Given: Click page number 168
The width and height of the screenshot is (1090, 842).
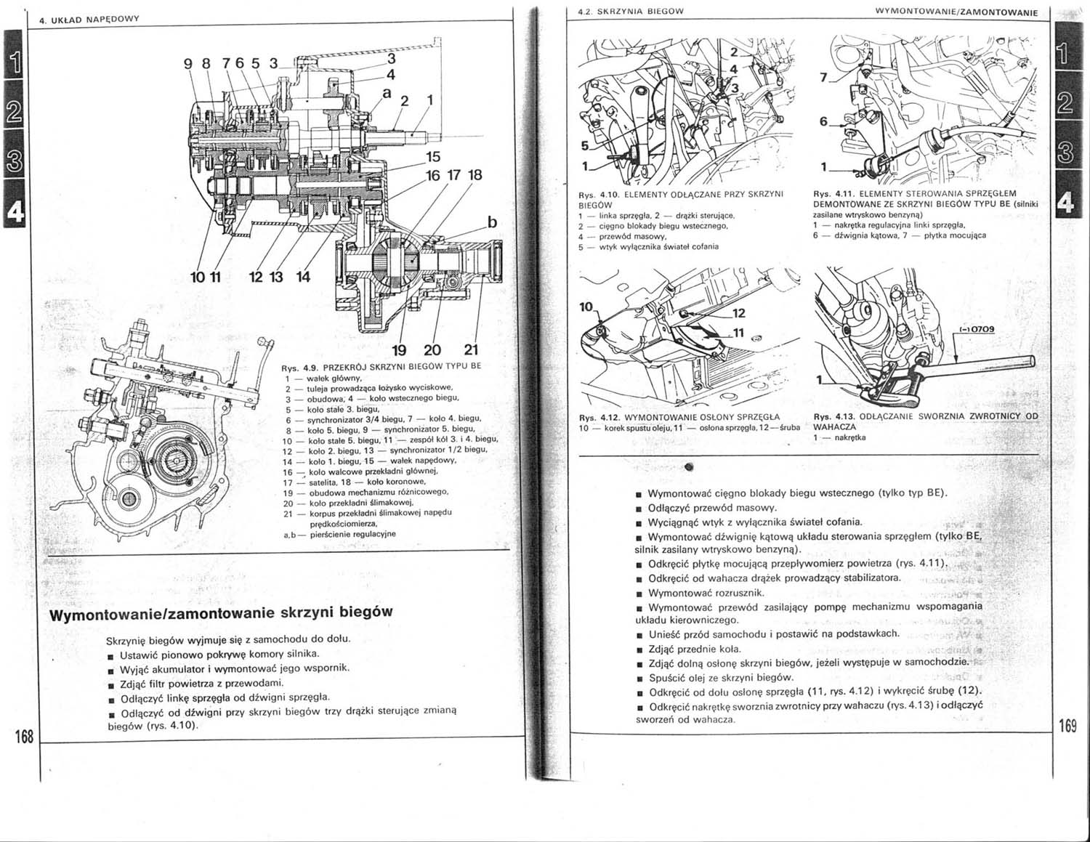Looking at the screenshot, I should pos(24,737).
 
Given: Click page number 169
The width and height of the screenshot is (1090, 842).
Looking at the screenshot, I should pos(1067,726).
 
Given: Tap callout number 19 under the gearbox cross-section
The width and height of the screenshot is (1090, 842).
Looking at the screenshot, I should pos(399,351).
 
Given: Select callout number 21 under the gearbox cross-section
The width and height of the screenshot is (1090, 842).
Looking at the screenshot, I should pos(470,351).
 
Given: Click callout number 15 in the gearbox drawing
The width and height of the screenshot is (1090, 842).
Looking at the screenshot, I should pos(432,157).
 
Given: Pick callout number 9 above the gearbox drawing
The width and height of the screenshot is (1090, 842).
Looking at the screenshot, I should pos(188,64).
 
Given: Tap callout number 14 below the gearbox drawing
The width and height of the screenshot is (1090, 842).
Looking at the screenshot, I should pos(302,277).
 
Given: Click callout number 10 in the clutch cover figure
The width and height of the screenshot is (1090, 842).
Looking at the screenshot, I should pos(586,307).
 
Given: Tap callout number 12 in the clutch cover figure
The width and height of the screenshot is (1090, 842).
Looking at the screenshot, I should pos(738,314).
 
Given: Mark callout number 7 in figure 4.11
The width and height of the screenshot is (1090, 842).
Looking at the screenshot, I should pos(823,77).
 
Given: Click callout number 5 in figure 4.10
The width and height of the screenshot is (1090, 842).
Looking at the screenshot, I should pos(584,145).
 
